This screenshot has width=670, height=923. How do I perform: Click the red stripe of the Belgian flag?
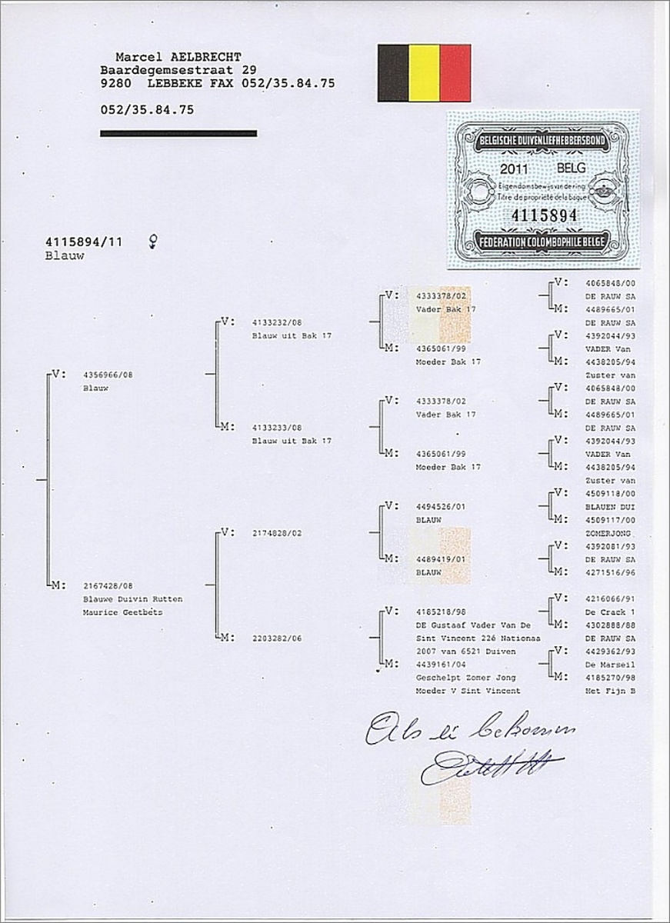click(455, 73)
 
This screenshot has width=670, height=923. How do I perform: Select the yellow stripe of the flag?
click(424, 73)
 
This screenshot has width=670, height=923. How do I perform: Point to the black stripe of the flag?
click(392, 73)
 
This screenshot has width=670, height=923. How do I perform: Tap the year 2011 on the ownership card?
click(514, 167)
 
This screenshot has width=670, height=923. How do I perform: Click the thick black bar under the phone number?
click(178, 134)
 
